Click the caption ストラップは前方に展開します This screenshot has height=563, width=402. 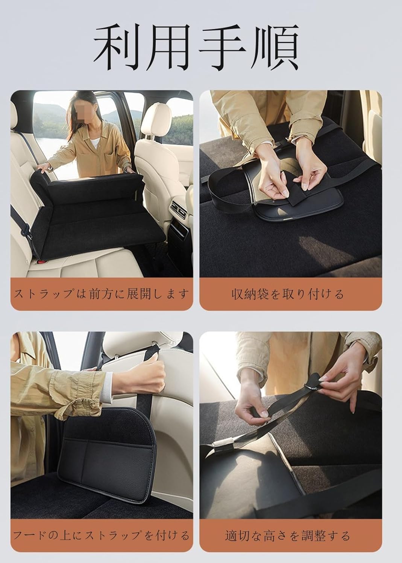coord(101,294)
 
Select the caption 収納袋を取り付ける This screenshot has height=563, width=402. coord(288,294)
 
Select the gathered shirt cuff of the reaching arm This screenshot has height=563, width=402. coord(83,397)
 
